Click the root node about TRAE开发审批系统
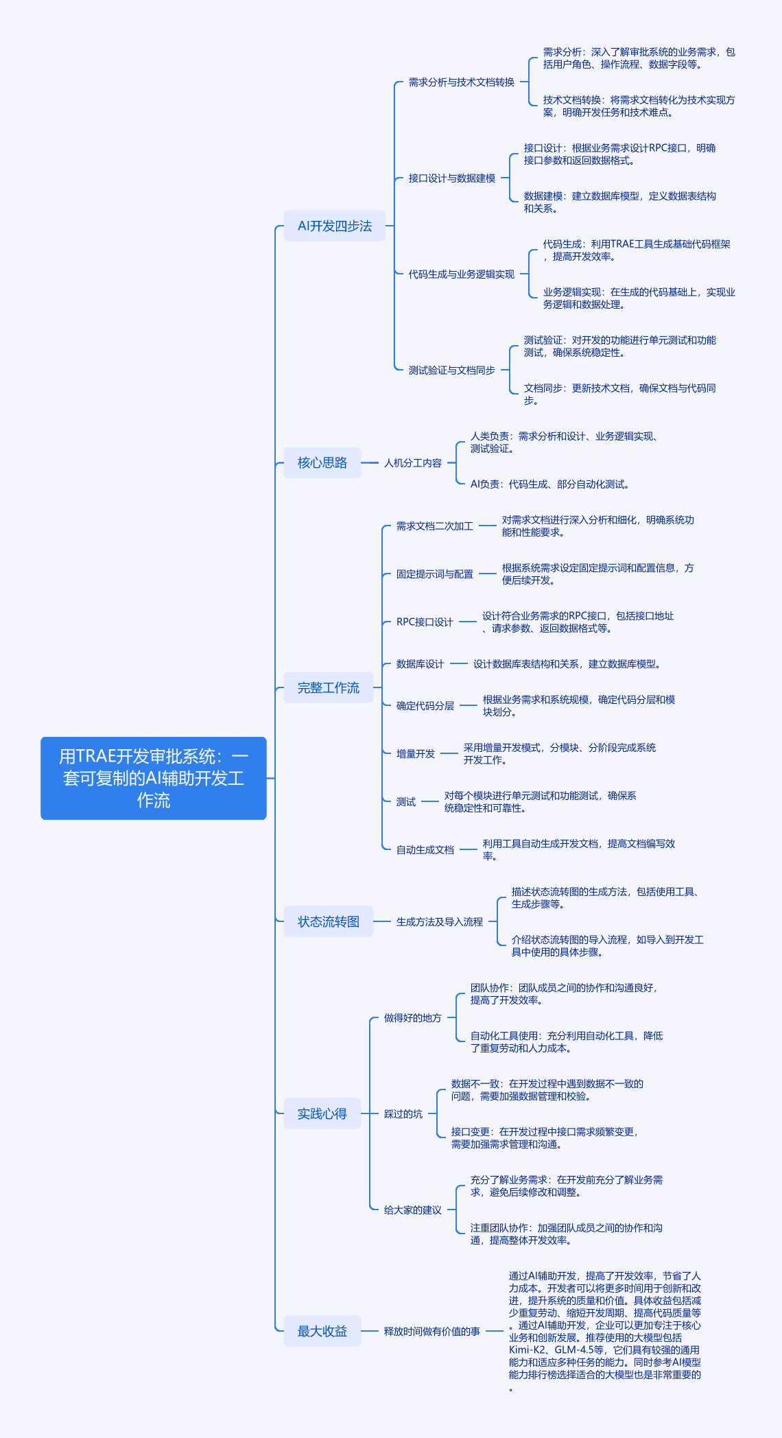[154, 778]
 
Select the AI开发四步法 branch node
[335, 226]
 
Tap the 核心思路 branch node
[322, 462]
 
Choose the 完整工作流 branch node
[329, 687]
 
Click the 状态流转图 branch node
[329, 921]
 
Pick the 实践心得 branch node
[322, 1113]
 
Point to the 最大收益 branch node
[322, 1331]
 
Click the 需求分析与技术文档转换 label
[462, 82]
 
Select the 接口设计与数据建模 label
[452, 178]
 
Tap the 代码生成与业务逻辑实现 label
[462, 274]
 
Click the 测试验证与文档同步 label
[452, 370]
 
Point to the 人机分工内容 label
[413, 462]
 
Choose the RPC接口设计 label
[425, 622]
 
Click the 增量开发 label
[416, 753]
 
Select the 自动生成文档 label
[425, 849]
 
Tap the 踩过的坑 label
[403, 1113]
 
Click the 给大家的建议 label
[413, 1210]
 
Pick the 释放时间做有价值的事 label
[432, 1331]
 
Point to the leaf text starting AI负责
[550, 484]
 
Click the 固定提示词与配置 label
[435, 574]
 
